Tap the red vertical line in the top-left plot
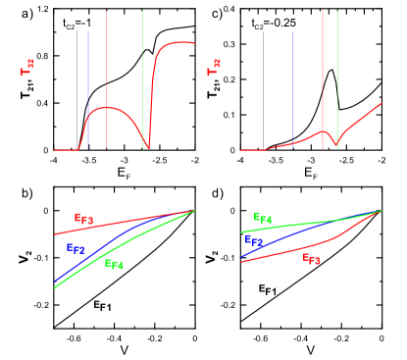point(107,59)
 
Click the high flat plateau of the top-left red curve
point(177,43)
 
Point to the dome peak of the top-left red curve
point(108,108)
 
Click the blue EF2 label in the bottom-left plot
point(76,249)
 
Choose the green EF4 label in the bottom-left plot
point(114,264)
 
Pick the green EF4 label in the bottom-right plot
point(263,219)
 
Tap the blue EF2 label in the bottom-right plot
point(254,241)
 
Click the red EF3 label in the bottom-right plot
point(312,259)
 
